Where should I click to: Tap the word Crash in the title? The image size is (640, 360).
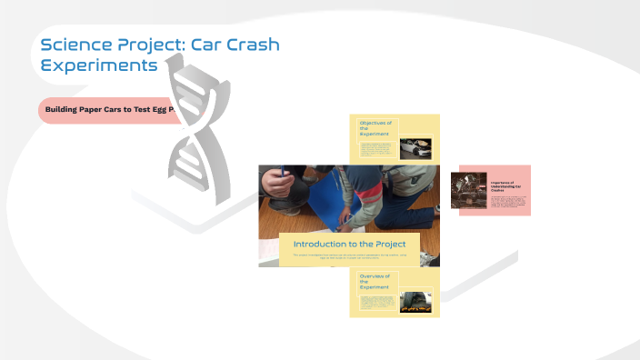point(246,45)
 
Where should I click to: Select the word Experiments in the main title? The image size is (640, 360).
point(99,66)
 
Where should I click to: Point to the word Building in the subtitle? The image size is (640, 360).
point(65,110)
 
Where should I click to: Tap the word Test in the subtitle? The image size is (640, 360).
point(148,110)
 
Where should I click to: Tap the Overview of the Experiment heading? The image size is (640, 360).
point(375,281)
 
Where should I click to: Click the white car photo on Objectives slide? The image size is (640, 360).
point(415,148)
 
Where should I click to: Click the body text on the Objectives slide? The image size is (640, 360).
point(376,149)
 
